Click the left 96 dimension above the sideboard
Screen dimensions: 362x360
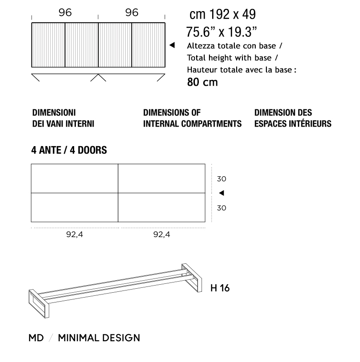[x=65, y=13]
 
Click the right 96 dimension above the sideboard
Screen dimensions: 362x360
[x=131, y=13]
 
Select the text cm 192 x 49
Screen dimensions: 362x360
[x=222, y=15]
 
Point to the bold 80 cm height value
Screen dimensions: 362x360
[x=202, y=83]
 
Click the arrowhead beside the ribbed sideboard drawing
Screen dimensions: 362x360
[x=173, y=45]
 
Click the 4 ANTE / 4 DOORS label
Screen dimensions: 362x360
[x=69, y=150]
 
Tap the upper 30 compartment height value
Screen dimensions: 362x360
[x=222, y=179]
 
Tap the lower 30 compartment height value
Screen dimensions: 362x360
[x=222, y=207]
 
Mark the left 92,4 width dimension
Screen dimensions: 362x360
[x=75, y=235]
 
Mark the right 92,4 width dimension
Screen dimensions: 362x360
[x=162, y=235]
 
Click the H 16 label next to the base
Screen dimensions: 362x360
[x=220, y=288]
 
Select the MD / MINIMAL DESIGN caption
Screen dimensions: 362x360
[x=84, y=338]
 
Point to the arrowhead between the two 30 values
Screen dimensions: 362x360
[x=222, y=193]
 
